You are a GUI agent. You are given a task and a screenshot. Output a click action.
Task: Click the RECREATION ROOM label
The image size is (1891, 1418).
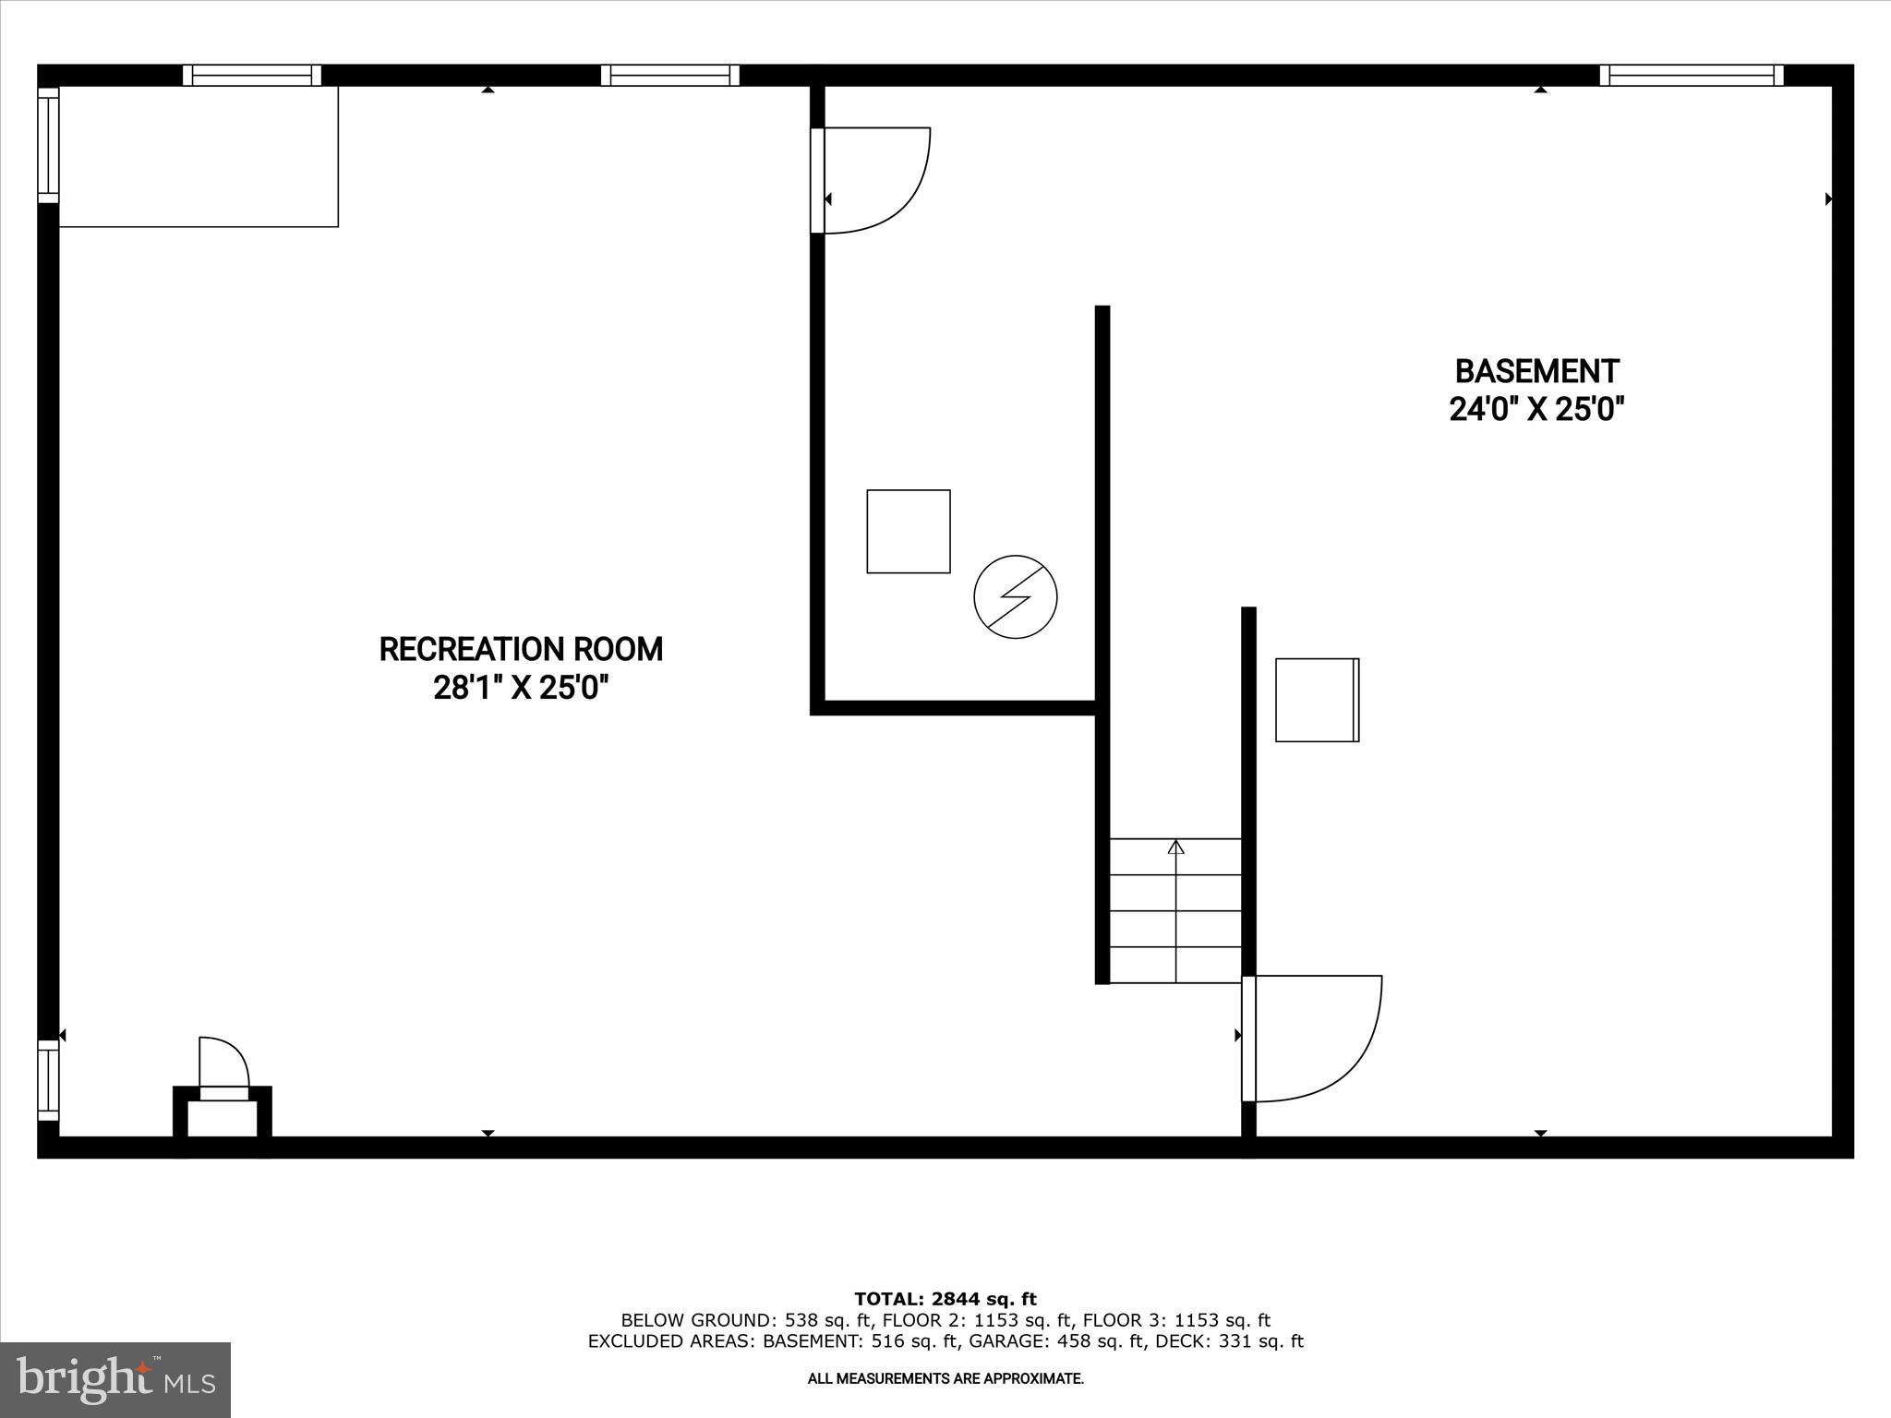521,649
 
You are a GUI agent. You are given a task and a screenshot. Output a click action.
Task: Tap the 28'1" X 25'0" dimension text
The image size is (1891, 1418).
521,688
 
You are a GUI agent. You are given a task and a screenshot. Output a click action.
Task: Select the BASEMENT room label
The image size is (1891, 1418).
1536,371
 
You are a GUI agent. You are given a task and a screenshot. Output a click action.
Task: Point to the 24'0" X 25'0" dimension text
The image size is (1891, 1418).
1536,409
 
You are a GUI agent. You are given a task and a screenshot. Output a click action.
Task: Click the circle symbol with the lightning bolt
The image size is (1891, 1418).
1015,596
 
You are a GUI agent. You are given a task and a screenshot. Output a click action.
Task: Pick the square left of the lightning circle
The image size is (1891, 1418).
908,531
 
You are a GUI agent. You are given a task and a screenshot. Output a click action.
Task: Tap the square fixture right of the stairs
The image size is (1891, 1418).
1317,700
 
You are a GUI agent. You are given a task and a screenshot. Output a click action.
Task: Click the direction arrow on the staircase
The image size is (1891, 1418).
1175,847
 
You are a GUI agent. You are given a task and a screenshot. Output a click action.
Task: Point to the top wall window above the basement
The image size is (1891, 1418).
1692,76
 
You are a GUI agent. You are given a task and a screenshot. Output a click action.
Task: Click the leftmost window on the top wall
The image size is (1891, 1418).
251,76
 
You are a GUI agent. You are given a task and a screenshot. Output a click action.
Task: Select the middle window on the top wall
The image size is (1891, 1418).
670,76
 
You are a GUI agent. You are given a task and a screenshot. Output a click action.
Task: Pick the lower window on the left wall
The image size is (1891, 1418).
48,1080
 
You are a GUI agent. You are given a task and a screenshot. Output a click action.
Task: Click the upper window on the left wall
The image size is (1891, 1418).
48,144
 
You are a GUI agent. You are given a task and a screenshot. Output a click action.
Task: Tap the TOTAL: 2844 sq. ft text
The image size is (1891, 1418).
945,1300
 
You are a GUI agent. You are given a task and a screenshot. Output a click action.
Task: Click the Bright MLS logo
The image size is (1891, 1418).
115,1379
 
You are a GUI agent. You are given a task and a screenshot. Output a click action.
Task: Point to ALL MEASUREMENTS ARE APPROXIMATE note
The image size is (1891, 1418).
945,1378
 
